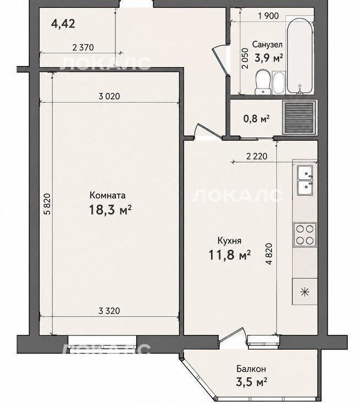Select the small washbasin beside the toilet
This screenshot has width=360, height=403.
coord(279,83)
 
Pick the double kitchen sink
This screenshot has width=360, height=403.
coord(305,180)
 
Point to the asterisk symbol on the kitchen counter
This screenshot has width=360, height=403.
coord(305,291)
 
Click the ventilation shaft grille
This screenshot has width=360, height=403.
coord(300,117)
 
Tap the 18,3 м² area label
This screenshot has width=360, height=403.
coord(110,209)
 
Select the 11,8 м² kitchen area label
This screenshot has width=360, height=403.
coord(229,255)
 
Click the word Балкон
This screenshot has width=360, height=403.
coord(251,369)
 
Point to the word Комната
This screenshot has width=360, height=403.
coord(108,195)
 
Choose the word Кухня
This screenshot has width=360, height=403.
coord(229,241)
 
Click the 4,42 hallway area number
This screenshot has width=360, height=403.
coord(63,24)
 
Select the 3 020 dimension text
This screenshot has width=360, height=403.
coord(109,96)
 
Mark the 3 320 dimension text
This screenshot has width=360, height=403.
coord(109,311)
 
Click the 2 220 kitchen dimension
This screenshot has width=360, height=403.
coord(257,156)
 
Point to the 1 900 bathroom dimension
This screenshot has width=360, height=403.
coord(268,16)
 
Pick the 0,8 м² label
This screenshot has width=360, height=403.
coord(256,119)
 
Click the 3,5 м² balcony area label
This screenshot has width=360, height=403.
coord(252,382)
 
